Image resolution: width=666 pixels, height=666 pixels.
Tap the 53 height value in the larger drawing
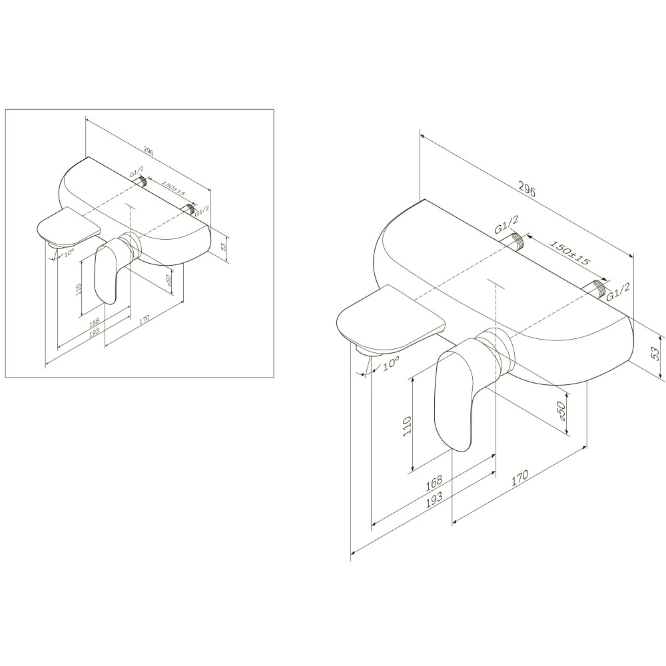656,354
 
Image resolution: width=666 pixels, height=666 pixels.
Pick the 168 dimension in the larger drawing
433,482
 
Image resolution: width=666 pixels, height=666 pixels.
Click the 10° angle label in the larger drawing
391,364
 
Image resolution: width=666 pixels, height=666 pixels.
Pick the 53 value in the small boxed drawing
224,244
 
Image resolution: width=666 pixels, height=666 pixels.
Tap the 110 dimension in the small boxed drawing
77,289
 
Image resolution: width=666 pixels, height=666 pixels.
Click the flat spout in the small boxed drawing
69,228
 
